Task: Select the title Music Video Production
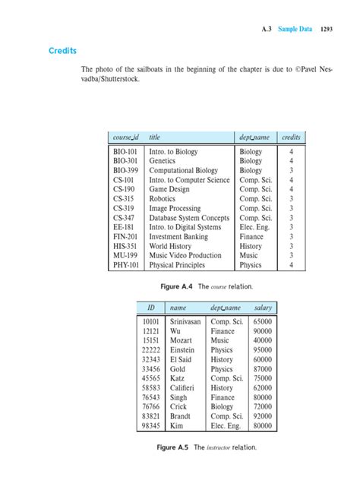185,256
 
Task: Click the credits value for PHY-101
291,266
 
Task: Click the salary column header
264,308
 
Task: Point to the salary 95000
264,351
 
